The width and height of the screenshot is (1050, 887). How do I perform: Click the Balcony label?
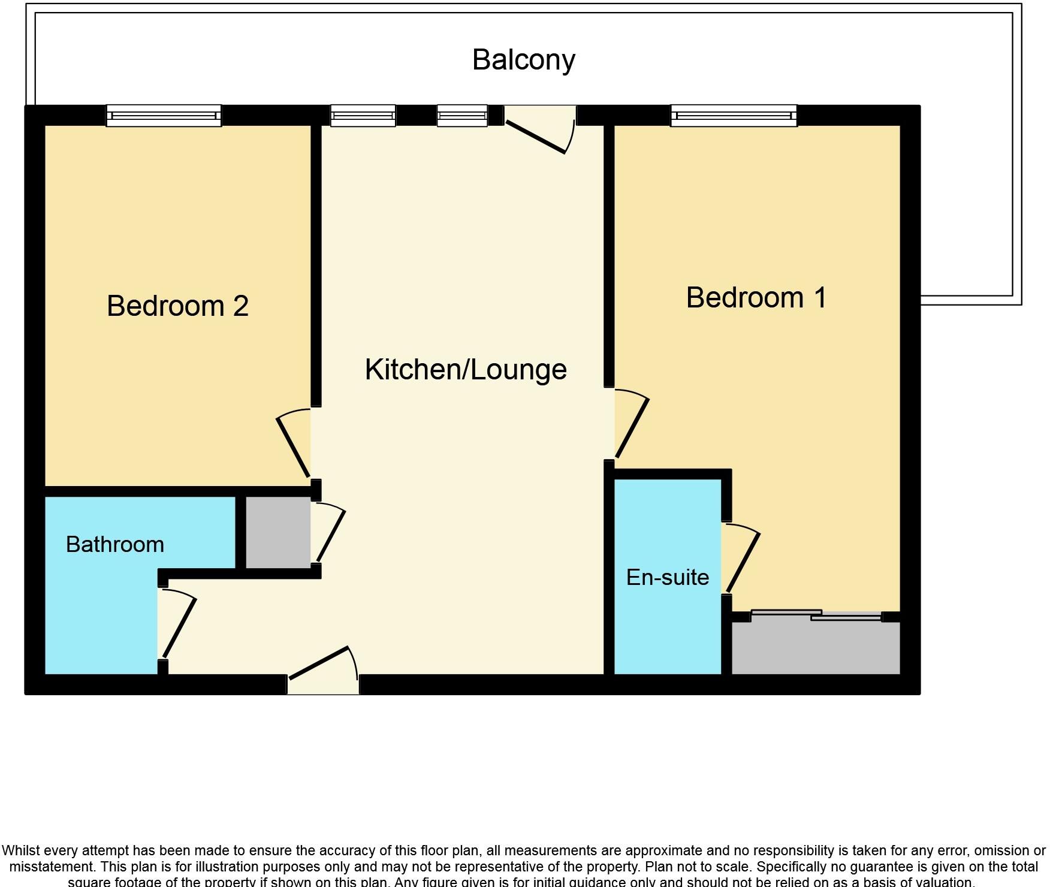point(523,60)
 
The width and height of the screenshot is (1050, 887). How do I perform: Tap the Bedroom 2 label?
point(177,306)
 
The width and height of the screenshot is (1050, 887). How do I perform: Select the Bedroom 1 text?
point(756,298)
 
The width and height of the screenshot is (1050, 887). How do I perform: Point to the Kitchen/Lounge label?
point(466,370)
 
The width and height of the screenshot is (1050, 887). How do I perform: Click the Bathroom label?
point(115,545)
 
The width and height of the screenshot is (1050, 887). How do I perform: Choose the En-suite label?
point(667,578)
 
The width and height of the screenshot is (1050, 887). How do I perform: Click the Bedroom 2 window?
point(164,116)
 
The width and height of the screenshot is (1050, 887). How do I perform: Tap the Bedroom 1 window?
point(734,116)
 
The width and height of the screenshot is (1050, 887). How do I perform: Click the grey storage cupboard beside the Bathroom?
point(278,532)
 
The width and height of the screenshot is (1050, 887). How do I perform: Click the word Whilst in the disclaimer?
point(22,850)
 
